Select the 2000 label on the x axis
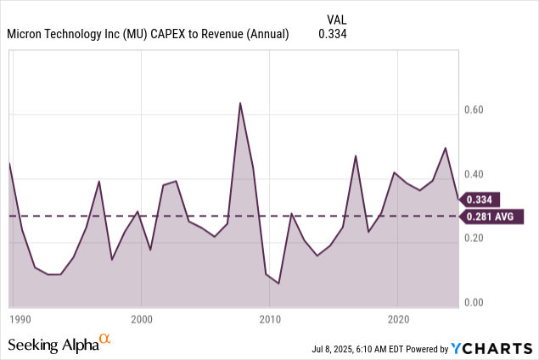click(141, 320)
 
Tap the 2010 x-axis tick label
click(270, 320)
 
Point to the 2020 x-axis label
click(399, 320)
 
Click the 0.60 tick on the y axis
click(474, 110)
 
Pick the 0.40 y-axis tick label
click(474, 174)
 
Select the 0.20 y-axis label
click(474, 239)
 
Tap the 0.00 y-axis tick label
click(474, 302)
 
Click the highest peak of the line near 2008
click(240, 103)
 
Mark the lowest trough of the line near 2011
click(278, 284)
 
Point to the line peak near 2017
click(356, 155)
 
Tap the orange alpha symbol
click(105, 339)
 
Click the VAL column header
click(336, 19)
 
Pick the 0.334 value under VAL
click(333, 34)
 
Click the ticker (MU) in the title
click(142, 34)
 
